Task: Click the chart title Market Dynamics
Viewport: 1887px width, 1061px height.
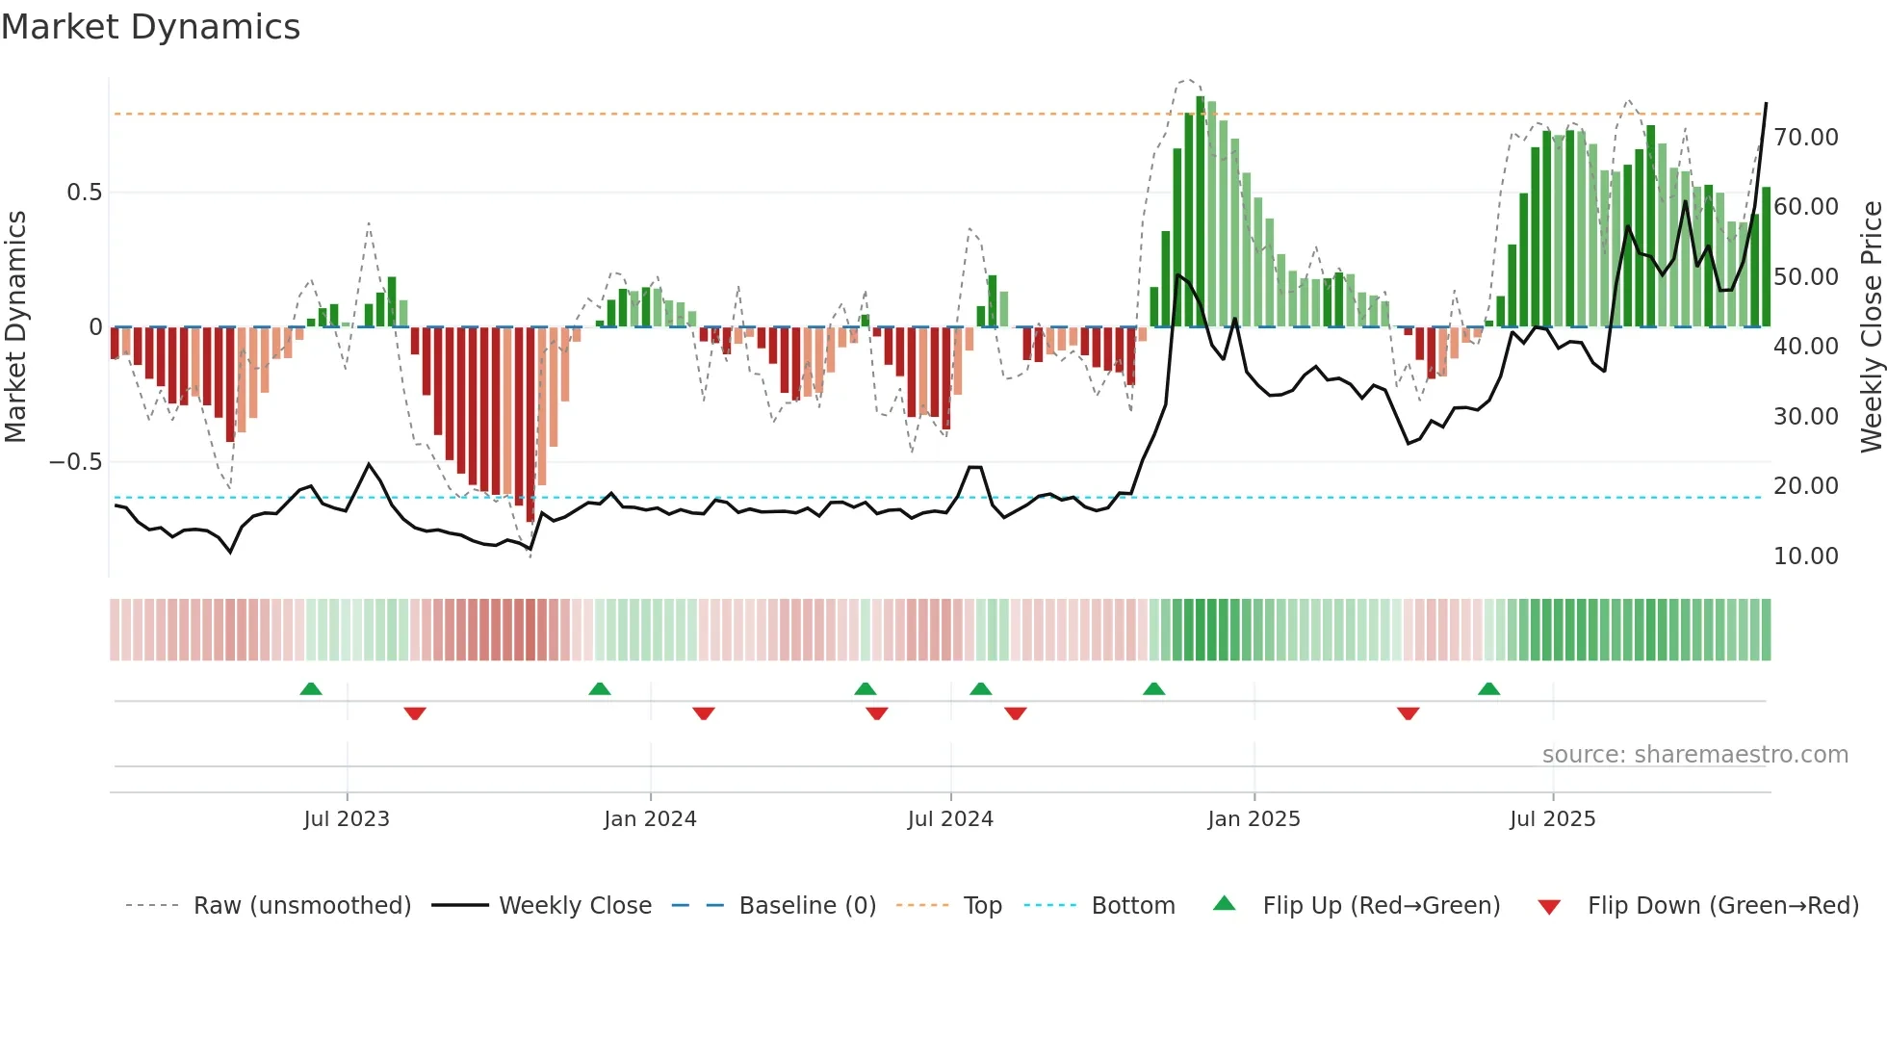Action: pos(151,27)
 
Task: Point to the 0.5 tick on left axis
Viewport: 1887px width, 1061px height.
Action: pos(84,193)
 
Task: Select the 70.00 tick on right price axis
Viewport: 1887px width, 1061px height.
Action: pos(1806,138)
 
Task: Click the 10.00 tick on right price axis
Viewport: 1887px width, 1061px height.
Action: pos(1806,556)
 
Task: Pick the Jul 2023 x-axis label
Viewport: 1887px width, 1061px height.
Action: pos(347,819)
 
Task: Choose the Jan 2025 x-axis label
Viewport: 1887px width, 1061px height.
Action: pos(1254,819)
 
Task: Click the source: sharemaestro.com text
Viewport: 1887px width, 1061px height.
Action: pos(1694,755)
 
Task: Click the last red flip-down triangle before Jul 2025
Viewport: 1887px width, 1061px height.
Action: pos(1408,713)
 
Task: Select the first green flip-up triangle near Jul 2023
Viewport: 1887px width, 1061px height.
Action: pos(310,688)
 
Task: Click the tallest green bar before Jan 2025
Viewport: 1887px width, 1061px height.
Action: pos(1200,212)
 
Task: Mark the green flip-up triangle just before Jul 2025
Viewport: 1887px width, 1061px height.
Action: pos(1488,688)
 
